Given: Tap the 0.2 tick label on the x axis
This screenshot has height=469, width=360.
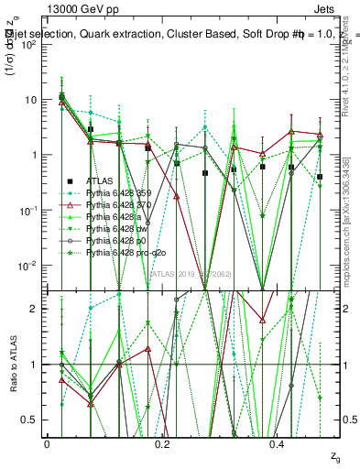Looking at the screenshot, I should coord(162,443).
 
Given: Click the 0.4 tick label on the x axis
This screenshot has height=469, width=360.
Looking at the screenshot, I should coord(278,443).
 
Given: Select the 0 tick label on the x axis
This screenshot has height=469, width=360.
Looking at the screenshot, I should coord(47,443).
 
